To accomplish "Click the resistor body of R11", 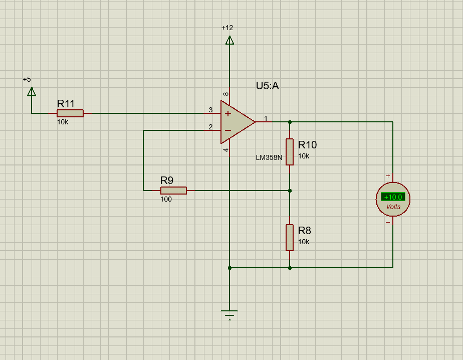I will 70,113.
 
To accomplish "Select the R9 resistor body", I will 173,191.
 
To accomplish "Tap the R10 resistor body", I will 290,152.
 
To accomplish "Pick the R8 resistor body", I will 290,238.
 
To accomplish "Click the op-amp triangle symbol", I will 236,121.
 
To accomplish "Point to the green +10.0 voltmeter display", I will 393,197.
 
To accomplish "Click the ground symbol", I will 229,314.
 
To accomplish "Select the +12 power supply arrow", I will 229,40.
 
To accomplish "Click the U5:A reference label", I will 267,86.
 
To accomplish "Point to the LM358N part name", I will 269,157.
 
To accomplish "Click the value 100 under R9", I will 166,199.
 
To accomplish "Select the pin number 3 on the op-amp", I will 211,110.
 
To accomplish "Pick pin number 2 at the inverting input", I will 211,127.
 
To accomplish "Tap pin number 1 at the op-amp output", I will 266,118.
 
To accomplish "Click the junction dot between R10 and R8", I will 290,191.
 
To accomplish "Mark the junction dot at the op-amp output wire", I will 290,122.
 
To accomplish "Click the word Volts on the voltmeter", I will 393,207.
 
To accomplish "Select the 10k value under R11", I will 63,122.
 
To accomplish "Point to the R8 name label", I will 305,231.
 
